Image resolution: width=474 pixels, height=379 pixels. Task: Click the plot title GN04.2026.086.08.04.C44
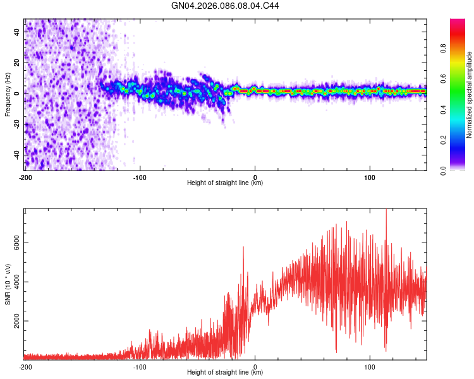tap(226, 6)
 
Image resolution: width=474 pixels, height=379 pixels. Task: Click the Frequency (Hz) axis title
tap(8, 94)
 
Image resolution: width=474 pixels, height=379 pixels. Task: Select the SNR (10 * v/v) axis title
tap(8, 284)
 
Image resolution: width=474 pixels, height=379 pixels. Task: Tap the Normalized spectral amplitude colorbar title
tap(470, 94)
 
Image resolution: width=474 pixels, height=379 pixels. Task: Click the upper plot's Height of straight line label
tap(225, 183)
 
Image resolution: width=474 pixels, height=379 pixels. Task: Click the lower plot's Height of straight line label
tap(225, 373)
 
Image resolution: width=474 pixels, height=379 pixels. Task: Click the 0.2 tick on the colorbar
tap(444, 140)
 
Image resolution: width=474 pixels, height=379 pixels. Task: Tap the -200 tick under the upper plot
tap(25, 177)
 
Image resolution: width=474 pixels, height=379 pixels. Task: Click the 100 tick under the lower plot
tap(370, 366)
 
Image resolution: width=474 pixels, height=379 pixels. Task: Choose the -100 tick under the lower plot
tap(140, 366)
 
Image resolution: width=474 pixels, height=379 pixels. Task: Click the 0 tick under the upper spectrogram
tap(255, 177)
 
